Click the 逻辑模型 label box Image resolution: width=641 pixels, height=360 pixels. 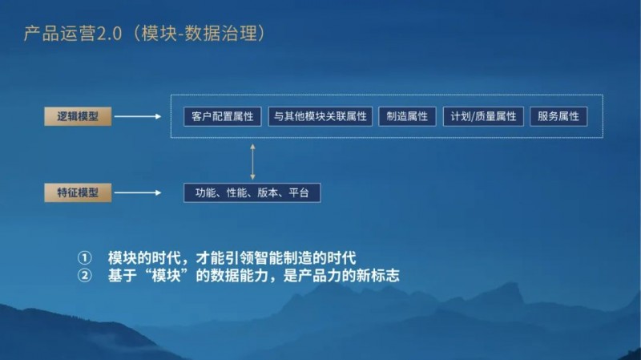[78, 116]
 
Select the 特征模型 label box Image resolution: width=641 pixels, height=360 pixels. [78, 192]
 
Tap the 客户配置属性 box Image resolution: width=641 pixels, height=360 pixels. [223, 116]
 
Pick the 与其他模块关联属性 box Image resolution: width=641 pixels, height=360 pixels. [320, 116]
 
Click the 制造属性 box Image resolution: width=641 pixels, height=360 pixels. [407, 116]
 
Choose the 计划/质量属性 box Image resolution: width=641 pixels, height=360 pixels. [483, 116]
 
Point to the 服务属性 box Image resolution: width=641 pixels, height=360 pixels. [558, 116]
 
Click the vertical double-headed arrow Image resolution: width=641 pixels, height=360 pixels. [253, 160]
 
